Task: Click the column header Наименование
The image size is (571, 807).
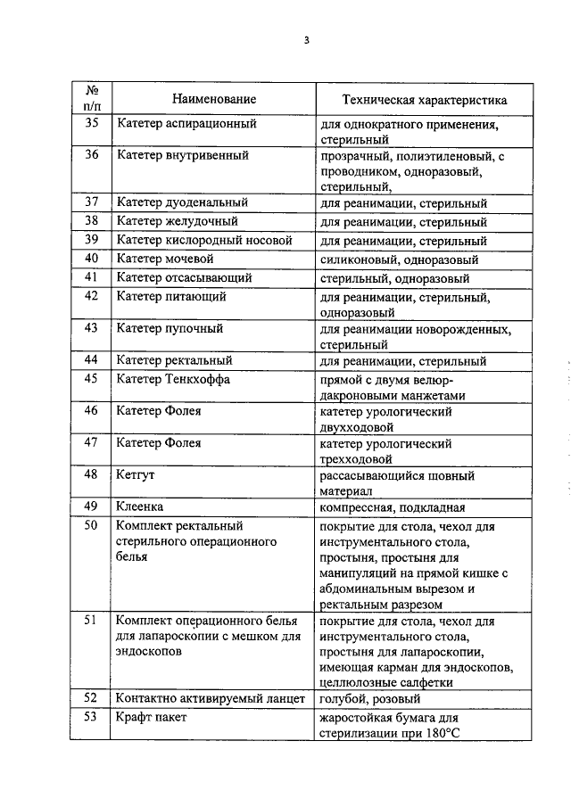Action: click(214, 100)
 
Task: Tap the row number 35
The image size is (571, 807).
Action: click(92, 124)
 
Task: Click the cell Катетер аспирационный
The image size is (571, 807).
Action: click(186, 124)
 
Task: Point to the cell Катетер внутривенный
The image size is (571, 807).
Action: click(182, 155)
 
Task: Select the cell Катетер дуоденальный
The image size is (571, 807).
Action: click(182, 203)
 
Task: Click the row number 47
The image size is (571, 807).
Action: click(92, 443)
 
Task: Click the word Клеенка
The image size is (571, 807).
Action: click(139, 507)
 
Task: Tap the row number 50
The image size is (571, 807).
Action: click(92, 526)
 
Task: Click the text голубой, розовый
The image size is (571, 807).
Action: click(370, 699)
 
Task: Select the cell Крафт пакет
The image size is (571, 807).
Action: click(152, 718)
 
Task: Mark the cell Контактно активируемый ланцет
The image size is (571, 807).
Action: click(211, 699)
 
